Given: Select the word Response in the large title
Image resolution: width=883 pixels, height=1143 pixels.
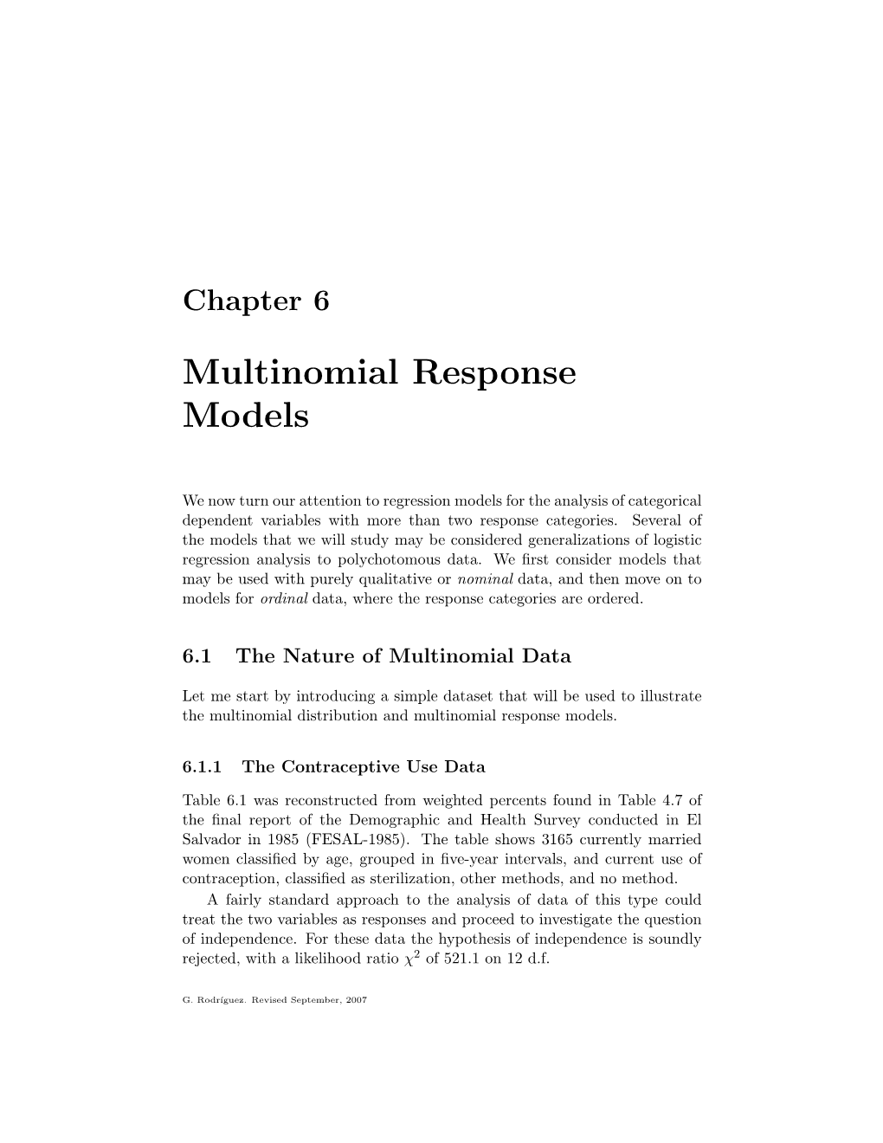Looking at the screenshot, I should coord(493,374).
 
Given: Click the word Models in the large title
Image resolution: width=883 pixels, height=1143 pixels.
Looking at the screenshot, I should coord(246,416).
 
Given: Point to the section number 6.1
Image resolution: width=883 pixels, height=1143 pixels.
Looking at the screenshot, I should coord(197,655).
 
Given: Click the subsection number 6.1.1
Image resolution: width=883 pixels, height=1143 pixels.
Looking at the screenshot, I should coord(203,766).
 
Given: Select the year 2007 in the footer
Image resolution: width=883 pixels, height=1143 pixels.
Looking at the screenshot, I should coord(357,1000).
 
